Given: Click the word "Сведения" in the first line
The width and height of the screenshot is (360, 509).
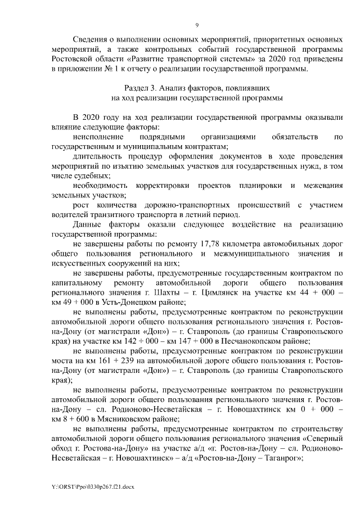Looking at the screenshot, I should [x=91, y=40].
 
